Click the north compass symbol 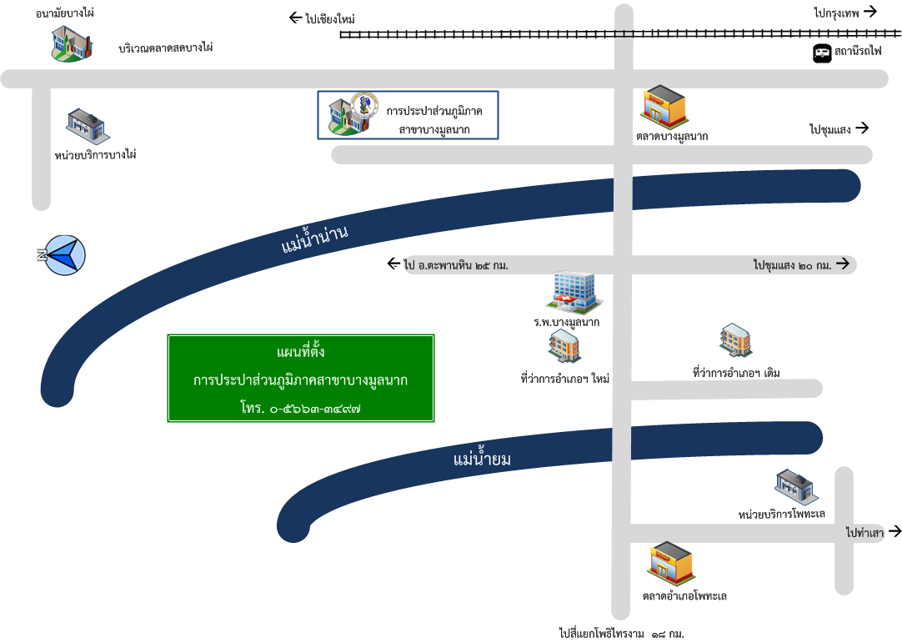tap(64, 254)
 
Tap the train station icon tap(822, 54)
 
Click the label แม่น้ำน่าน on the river tap(314, 239)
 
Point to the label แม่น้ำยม tap(482, 459)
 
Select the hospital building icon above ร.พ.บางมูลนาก tap(575, 290)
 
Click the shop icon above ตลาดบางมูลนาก tap(664, 105)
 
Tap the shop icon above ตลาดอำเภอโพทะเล tap(671, 564)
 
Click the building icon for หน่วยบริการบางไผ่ tap(87, 126)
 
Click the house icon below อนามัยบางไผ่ tap(71, 43)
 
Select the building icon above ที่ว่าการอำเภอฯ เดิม tap(735, 341)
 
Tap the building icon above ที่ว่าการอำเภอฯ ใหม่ tap(564, 346)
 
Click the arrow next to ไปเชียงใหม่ tap(295, 18)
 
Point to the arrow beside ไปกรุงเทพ tap(870, 11)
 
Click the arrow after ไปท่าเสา tap(894, 530)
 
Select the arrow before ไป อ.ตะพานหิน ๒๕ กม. tap(394, 264)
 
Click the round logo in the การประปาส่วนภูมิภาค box tap(364, 107)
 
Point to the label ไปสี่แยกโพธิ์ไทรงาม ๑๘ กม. tap(621, 634)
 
